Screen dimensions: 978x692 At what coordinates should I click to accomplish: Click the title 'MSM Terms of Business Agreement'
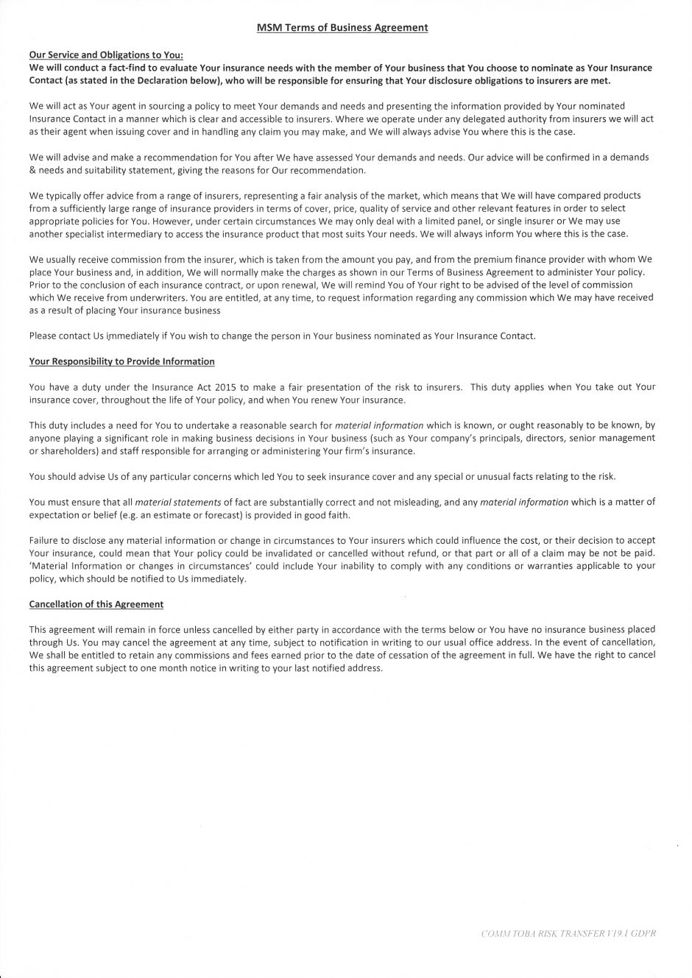[x=342, y=27]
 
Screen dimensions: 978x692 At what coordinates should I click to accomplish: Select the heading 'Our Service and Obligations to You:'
[x=106, y=54]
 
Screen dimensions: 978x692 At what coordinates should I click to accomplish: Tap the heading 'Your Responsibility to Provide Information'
[x=121, y=361]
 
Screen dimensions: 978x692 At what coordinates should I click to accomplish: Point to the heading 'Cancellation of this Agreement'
[x=96, y=604]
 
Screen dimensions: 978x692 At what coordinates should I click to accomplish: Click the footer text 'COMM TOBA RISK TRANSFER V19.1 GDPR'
[x=568, y=933]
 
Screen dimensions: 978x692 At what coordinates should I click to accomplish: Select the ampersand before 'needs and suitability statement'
[x=32, y=170]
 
